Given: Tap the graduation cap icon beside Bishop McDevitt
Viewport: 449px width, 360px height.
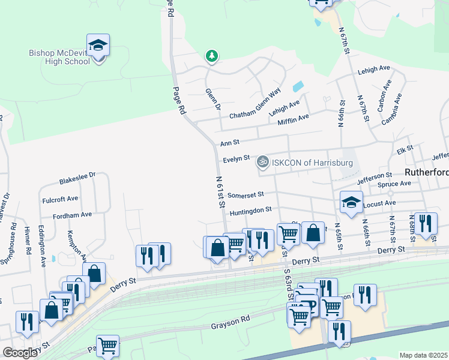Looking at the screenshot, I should click(x=98, y=46).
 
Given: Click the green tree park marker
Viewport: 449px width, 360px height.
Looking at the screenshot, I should click(x=211, y=56).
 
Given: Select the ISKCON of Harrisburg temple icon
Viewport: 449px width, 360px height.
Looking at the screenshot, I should click(x=262, y=162).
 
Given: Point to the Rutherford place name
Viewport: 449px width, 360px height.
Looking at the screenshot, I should click(x=427, y=172).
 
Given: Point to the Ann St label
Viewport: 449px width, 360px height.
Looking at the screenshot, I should click(x=229, y=143).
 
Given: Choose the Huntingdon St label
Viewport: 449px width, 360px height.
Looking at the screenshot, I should click(x=251, y=210).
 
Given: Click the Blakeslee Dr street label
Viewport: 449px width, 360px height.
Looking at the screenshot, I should click(x=77, y=178).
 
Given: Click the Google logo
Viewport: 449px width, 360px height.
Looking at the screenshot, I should click(x=20, y=353).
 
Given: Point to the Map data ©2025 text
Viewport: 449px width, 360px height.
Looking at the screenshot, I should click(x=423, y=355).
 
